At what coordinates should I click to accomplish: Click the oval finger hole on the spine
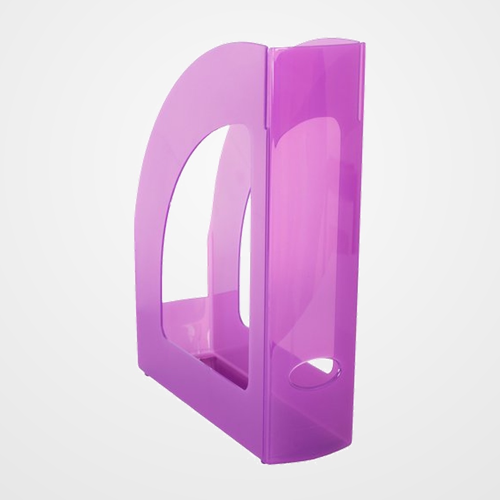point(312,374)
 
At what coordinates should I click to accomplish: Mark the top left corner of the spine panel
point(270,49)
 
